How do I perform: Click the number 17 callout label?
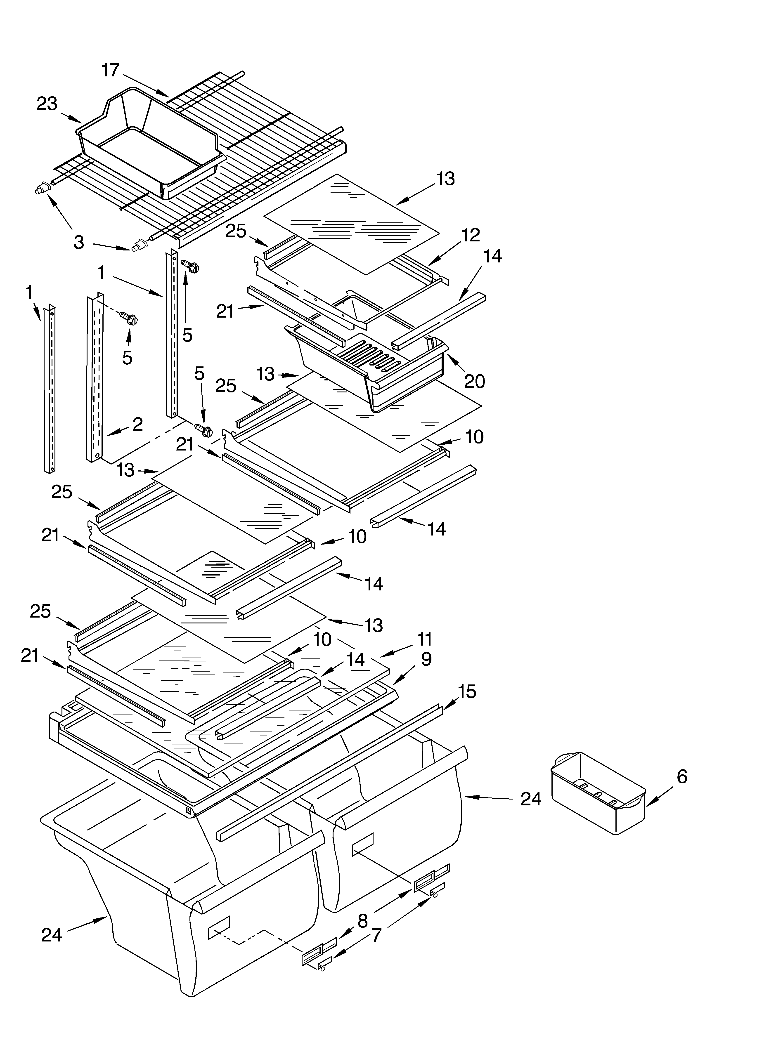pyautogui.click(x=111, y=70)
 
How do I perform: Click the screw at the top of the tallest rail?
pyautogui.click(x=190, y=266)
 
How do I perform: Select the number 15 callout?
pyautogui.click(x=467, y=691)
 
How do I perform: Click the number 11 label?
pyautogui.click(x=424, y=639)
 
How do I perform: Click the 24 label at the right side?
pyautogui.click(x=531, y=799)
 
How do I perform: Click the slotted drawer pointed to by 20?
pyautogui.click(x=369, y=369)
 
